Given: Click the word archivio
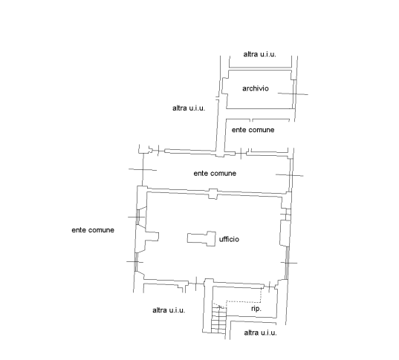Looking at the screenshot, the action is (x=256, y=88).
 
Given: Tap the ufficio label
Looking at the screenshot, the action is (x=229, y=239).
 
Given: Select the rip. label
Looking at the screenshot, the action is (x=256, y=309).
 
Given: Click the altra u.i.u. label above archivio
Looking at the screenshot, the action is (x=259, y=54).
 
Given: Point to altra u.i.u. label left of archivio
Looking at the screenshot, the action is (x=189, y=108).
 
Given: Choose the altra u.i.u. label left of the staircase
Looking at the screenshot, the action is (x=169, y=310).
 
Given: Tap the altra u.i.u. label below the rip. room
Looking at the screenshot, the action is (x=260, y=333).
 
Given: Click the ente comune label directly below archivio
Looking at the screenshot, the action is (x=253, y=130).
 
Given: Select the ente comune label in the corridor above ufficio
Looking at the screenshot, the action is (x=215, y=174).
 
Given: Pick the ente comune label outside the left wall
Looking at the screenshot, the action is (x=93, y=230).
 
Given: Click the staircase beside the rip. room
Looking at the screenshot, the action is (x=218, y=319).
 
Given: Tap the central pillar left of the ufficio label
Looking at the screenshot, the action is (x=201, y=238).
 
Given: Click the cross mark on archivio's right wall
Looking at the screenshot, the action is (x=293, y=94).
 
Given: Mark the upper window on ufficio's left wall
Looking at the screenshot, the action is (x=137, y=217).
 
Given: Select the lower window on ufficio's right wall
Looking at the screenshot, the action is (x=287, y=263).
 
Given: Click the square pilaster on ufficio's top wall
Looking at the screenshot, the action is (x=213, y=194).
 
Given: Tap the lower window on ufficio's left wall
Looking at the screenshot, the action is (x=136, y=261).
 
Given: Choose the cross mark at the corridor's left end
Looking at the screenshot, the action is (x=143, y=169).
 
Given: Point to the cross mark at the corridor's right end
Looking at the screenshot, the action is (x=290, y=175).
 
